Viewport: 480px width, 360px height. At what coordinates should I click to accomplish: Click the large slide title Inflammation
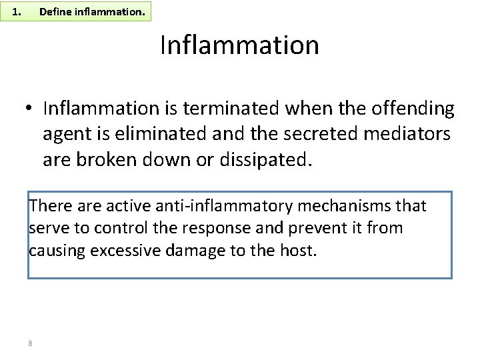pos(239,45)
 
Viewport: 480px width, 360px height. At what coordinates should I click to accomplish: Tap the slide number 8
pos(31,343)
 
